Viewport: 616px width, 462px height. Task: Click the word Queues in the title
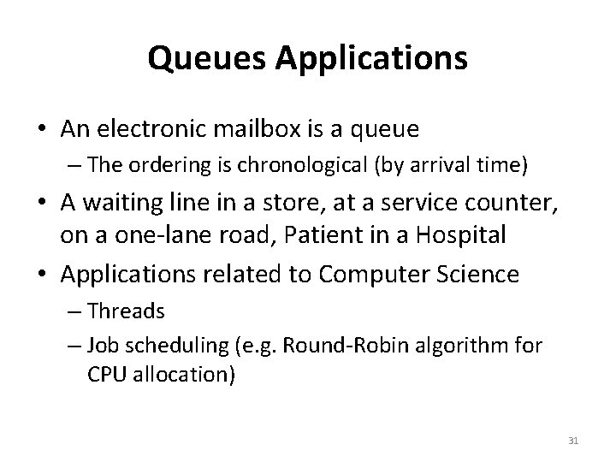198,59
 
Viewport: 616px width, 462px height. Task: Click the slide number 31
573,440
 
